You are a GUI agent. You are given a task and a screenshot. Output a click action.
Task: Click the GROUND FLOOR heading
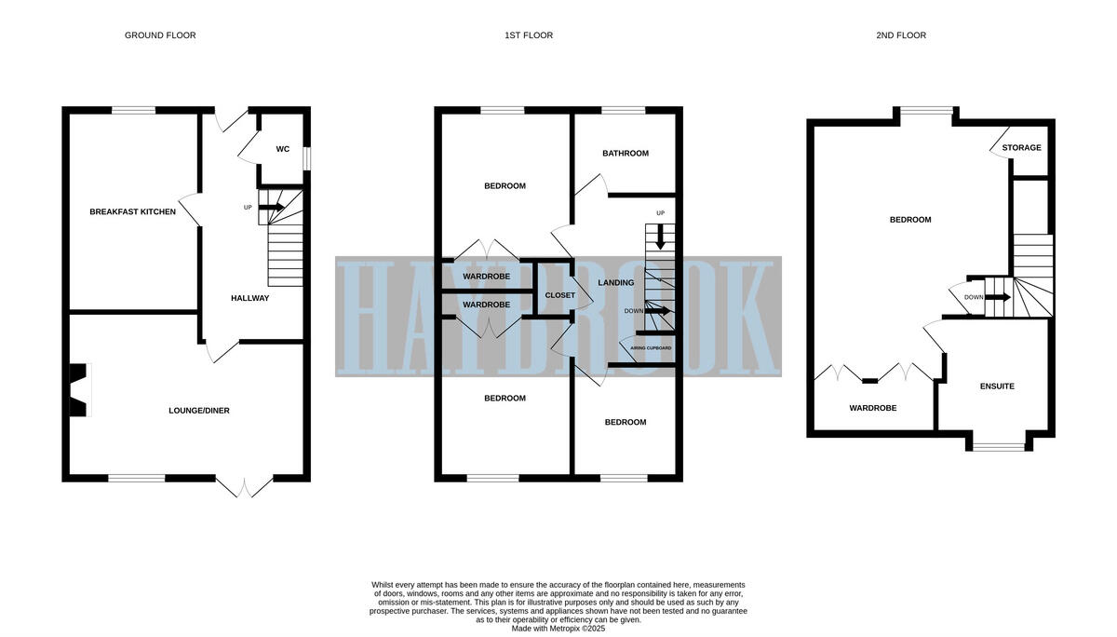click(x=160, y=35)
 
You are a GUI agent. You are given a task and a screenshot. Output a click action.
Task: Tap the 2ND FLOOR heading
click(x=901, y=35)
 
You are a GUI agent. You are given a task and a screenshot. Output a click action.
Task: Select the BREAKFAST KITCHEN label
click(x=132, y=212)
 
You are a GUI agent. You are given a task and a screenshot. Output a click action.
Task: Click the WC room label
click(x=283, y=149)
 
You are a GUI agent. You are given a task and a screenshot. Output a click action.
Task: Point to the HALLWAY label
click(x=249, y=298)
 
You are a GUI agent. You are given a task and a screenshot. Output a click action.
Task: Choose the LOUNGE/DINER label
click(x=199, y=411)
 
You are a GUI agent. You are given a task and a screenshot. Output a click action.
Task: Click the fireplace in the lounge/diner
click(x=80, y=390)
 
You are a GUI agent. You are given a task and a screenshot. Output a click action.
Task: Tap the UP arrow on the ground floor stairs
click(x=271, y=207)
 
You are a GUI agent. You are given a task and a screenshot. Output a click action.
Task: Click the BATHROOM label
click(x=626, y=154)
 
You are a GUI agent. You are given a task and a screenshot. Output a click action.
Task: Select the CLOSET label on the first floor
click(x=560, y=295)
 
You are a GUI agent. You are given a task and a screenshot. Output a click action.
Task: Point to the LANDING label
click(x=616, y=283)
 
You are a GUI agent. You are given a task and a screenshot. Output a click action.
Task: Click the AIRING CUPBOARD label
click(x=651, y=348)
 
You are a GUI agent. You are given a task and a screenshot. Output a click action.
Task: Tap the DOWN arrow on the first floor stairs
click(x=657, y=311)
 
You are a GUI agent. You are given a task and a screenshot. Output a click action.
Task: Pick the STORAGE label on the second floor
click(x=1022, y=148)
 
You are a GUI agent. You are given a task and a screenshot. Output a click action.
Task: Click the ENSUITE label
click(x=997, y=386)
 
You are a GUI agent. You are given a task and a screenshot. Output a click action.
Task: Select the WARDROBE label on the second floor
click(x=873, y=408)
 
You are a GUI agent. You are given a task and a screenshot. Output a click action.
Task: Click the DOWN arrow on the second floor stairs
click(x=998, y=297)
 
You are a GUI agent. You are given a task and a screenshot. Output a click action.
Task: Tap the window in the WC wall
click(x=307, y=158)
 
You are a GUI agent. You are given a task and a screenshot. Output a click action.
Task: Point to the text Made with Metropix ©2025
click(x=558, y=629)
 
